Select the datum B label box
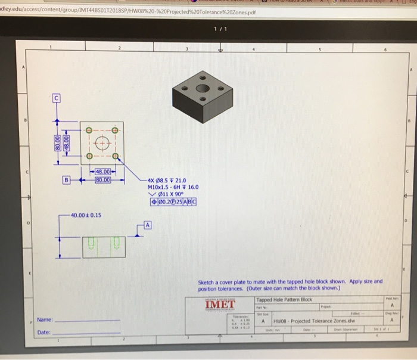[x=67, y=179]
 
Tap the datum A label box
[x=148, y=225]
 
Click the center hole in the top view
[x=101, y=144]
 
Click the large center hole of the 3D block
[x=203, y=88]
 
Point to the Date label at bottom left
[x=43, y=332]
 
